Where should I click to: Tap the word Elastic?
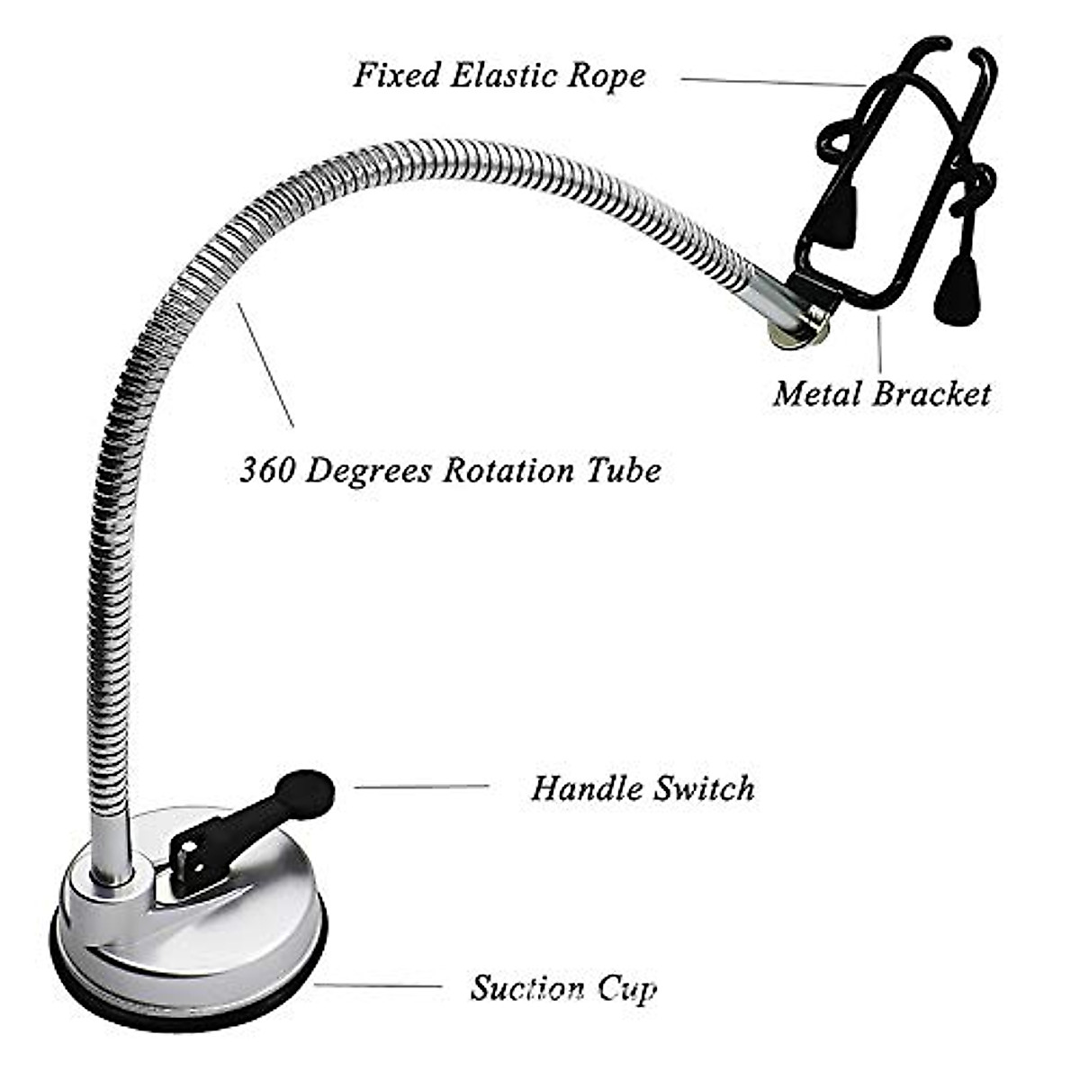pos(505,75)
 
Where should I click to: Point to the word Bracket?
pos(932,393)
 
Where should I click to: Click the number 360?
pos(267,470)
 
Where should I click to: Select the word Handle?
pos(586,788)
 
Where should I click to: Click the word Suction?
pos(527,988)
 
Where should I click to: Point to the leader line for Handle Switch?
pos(421,787)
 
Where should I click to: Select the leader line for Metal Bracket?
pos(879,346)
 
